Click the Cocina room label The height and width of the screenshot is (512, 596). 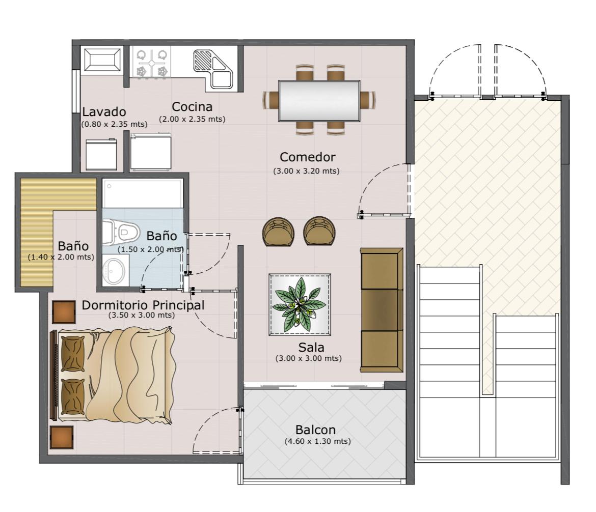tap(192, 107)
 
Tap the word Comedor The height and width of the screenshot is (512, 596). tap(308, 157)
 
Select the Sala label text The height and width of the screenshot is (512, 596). tap(311, 347)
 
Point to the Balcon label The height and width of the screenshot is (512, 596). tap(315, 430)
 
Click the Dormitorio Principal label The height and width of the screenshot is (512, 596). tap(143, 305)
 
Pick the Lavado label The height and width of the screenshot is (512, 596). tap(104, 111)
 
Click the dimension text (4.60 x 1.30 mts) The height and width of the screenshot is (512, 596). tap(318, 441)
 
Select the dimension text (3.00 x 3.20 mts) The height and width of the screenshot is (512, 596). tap(306, 171)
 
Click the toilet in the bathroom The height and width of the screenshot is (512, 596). tap(120, 231)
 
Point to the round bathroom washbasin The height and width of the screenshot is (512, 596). tap(114, 271)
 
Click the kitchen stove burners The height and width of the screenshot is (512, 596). tap(152, 62)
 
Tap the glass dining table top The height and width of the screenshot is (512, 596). tap(319, 101)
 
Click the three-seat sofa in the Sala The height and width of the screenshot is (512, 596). tap(382, 310)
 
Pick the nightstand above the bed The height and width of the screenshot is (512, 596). tap(64, 312)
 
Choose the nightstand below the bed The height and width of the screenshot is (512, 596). tap(62, 437)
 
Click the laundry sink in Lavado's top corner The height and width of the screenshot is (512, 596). tap(102, 59)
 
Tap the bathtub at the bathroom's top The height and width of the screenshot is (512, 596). tap(143, 193)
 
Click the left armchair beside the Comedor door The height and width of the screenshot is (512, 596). tap(279, 232)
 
